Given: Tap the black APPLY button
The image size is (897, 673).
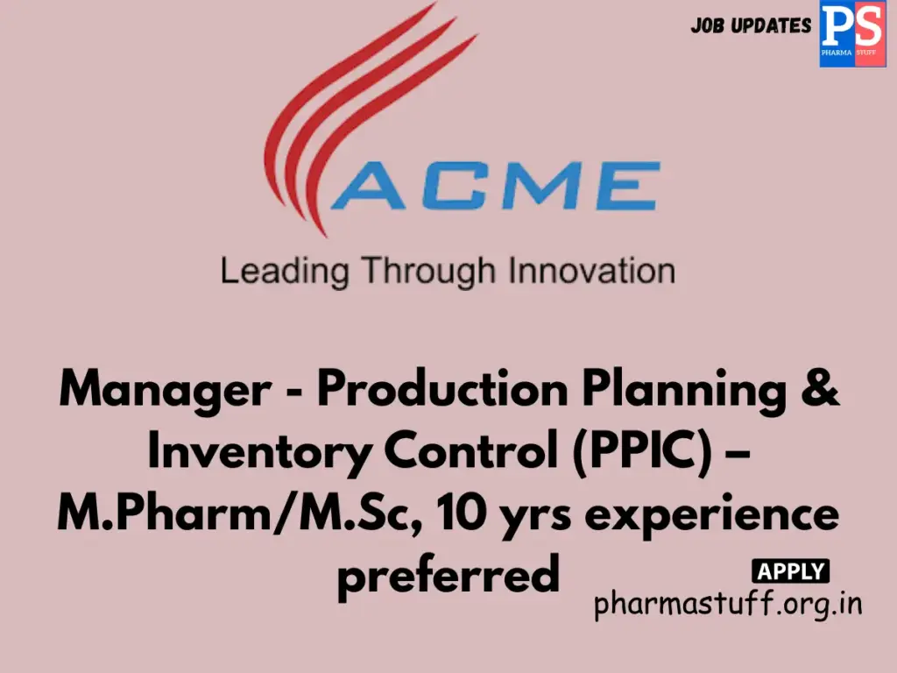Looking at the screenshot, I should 790,572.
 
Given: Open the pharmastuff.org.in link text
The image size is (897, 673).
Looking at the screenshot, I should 728,604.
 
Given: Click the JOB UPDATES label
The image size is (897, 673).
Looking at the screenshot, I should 751,26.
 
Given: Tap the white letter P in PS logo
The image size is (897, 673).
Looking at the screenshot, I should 837,27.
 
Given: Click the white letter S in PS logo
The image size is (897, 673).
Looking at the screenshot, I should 867,27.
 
